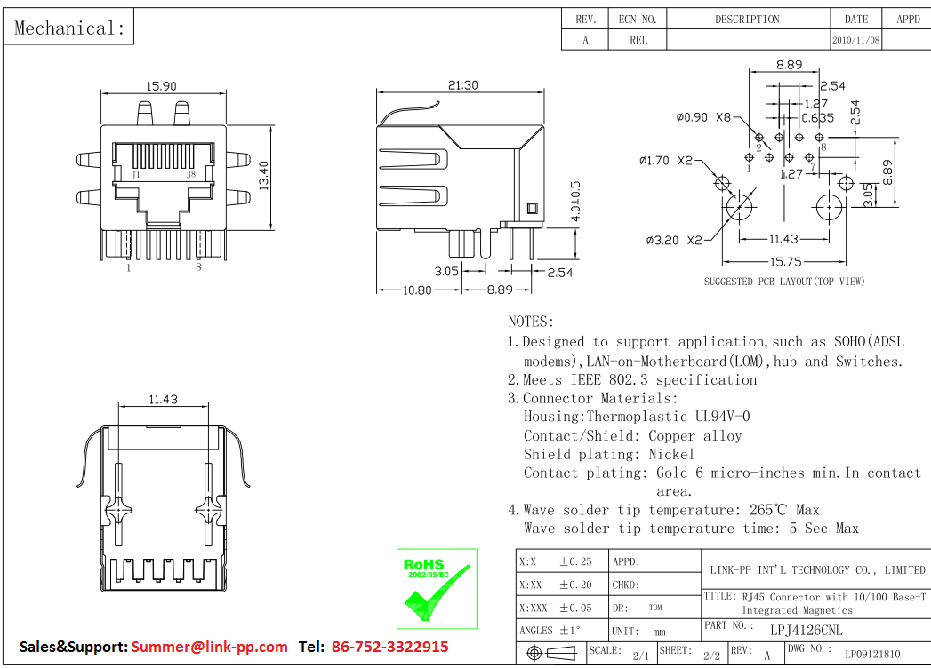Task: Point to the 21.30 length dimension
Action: click(x=462, y=85)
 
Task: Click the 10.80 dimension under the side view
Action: click(x=417, y=290)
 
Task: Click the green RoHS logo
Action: click(x=436, y=588)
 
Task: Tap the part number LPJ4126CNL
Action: click(x=793, y=630)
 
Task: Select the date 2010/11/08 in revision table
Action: click(x=856, y=40)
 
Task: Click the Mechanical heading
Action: click(x=70, y=28)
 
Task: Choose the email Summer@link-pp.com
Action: click(x=210, y=647)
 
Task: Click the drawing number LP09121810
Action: click(x=872, y=655)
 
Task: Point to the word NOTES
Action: click(x=531, y=322)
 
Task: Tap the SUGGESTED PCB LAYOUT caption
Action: click(x=784, y=282)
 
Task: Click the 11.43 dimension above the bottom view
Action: click(x=163, y=400)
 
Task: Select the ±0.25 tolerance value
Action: click(x=575, y=561)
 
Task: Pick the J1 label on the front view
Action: click(x=135, y=176)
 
